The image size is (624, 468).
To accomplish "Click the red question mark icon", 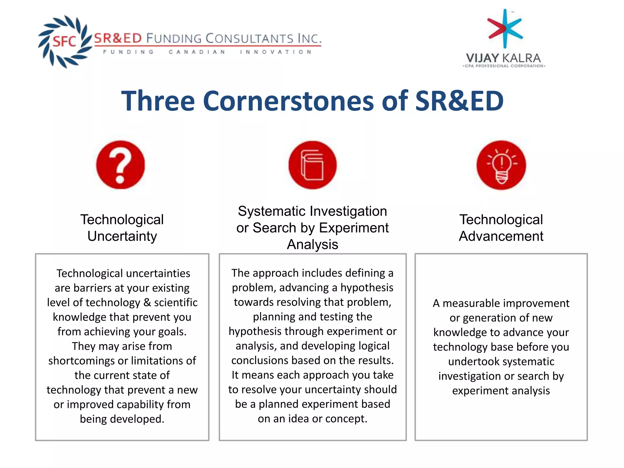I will click(120, 165).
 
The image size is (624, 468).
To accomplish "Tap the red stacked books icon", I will click(312, 165).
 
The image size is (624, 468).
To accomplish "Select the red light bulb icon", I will click(501, 165).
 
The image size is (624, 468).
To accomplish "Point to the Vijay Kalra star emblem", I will click(505, 28).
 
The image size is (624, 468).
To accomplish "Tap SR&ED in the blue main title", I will click(459, 101).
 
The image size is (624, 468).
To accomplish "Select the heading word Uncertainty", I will click(122, 236).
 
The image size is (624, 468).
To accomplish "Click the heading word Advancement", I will click(501, 236).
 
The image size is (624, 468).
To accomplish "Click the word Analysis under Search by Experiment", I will click(312, 244).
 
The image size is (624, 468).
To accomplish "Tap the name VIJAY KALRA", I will click(503, 58).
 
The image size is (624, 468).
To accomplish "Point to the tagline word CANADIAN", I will click(197, 52).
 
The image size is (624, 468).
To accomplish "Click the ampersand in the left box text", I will click(147, 303).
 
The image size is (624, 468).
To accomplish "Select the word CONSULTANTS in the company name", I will click(249, 39).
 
